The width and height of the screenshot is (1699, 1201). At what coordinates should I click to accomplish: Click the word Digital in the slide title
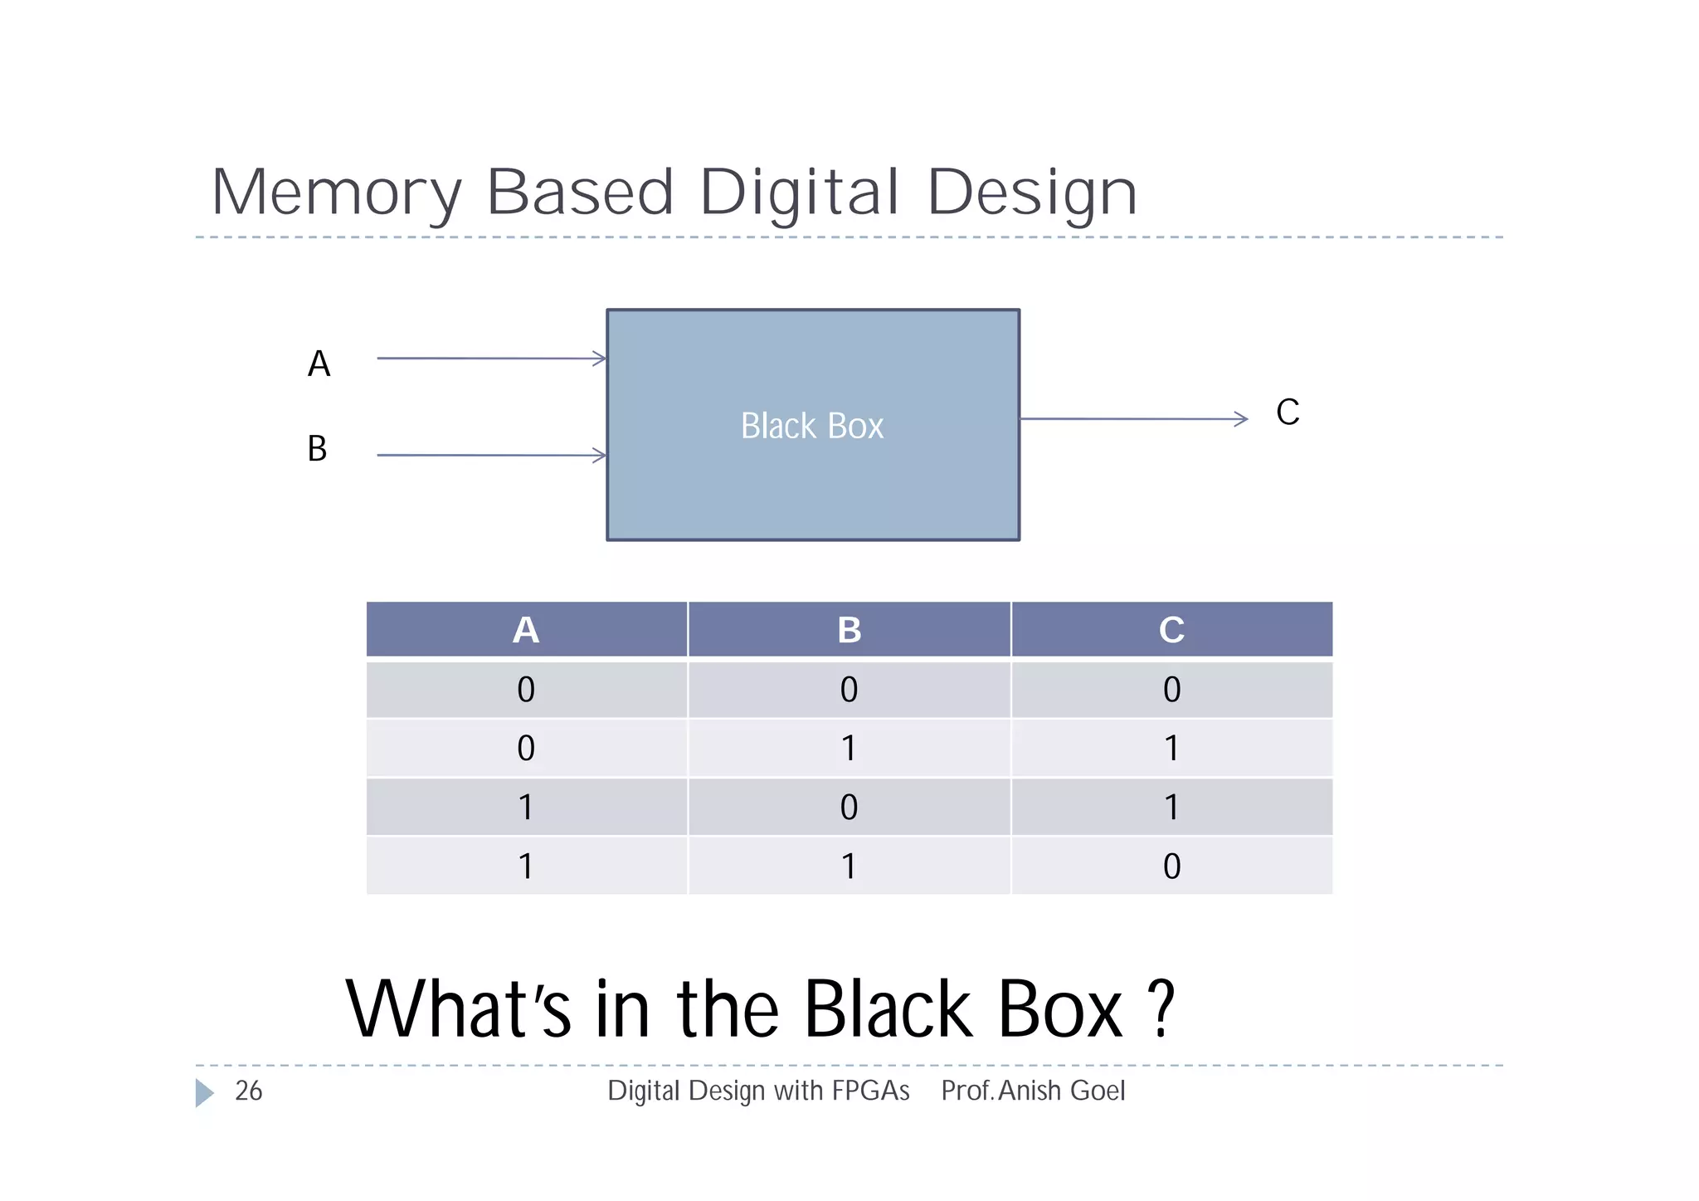[x=799, y=193]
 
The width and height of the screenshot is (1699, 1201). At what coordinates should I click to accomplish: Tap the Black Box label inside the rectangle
[x=812, y=426]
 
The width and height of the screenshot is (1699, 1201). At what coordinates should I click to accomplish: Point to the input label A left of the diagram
[x=319, y=364]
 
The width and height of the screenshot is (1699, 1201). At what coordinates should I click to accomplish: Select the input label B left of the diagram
[x=317, y=449]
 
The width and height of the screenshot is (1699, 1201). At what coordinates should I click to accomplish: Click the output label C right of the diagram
[x=1288, y=413]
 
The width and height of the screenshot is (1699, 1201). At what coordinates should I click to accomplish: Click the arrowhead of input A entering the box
[x=600, y=359]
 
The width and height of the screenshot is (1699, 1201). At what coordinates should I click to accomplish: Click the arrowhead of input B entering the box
[x=600, y=456]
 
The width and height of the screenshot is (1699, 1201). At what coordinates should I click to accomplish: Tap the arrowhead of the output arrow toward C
[x=1241, y=419]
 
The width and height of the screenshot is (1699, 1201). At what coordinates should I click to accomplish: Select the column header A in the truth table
[x=526, y=630]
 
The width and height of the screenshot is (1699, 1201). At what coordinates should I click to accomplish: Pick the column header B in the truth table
[x=849, y=630]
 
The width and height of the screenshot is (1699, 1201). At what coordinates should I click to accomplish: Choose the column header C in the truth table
[x=1171, y=630]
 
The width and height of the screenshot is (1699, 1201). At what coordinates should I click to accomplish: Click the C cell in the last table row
[x=1171, y=866]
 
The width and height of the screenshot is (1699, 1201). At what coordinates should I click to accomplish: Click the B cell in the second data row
[x=849, y=748]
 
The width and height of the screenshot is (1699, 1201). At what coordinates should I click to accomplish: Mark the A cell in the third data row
[x=526, y=807]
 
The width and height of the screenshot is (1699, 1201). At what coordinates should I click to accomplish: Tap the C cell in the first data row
[x=1171, y=690]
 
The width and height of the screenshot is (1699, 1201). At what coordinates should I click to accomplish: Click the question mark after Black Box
[x=1163, y=1008]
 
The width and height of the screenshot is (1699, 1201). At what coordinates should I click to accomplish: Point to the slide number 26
[x=249, y=1091]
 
